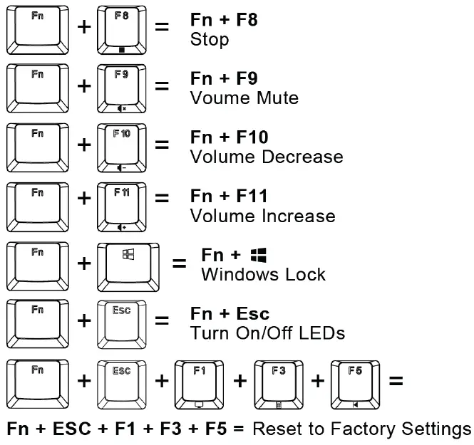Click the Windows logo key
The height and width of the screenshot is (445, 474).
click(x=128, y=263)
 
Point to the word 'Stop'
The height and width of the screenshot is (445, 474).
click(x=210, y=39)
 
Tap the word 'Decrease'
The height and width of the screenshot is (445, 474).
click(x=303, y=157)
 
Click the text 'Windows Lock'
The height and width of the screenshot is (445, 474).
click(x=263, y=275)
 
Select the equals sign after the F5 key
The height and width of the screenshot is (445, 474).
click(x=396, y=381)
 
